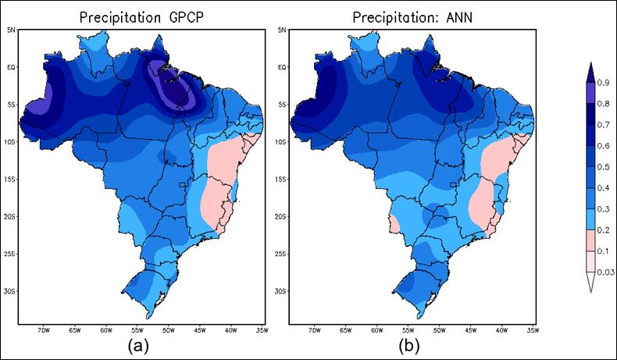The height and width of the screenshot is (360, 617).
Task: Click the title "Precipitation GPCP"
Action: point(141,17)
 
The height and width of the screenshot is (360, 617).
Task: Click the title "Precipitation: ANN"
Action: point(410,17)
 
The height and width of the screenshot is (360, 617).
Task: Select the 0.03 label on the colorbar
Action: point(605,272)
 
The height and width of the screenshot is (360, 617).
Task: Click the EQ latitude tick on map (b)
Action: point(281,67)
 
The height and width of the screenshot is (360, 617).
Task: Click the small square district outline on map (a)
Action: point(182,184)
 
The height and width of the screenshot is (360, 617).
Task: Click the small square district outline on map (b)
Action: point(453,184)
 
